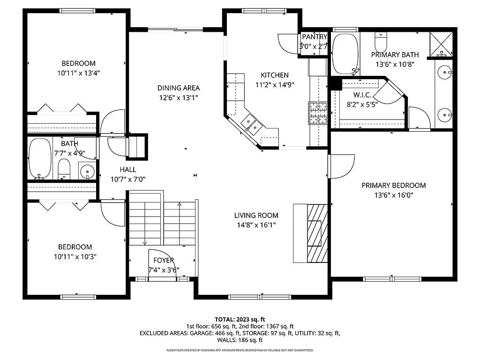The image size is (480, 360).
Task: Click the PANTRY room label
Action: click(x=314, y=37)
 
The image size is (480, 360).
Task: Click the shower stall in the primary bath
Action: click(x=441, y=44)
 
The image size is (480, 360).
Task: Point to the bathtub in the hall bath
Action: click(x=39, y=159)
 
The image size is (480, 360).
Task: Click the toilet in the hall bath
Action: click(x=64, y=168)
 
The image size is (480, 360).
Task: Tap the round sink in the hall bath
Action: click(x=87, y=172)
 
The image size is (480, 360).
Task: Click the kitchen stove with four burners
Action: click(x=317, y=113)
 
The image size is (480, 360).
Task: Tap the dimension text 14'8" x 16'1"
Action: click(x=256, y=225)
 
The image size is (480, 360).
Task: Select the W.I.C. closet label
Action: click(x=362, y=95)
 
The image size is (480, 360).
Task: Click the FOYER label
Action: click(x=164, y=261)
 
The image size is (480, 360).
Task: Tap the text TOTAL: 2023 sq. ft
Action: click(x=240, y=319)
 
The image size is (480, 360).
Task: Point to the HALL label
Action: click(x=127, y=170)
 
